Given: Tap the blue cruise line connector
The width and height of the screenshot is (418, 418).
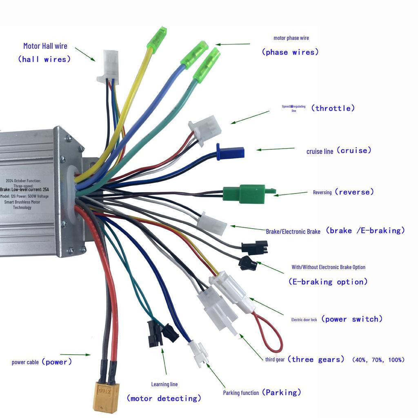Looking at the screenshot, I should click(x=231, y=152).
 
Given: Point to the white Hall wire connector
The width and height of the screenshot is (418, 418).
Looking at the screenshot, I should click(x=110, y=65).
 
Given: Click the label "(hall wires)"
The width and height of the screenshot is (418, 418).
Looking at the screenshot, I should click(x=44, y=60).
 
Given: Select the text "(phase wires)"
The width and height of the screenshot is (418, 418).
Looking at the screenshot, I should click(x=290, y=52).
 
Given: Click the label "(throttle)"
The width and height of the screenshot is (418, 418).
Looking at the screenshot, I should click(x=333, y=108).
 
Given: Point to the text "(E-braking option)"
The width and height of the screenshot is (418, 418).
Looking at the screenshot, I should click(x=328, y=282).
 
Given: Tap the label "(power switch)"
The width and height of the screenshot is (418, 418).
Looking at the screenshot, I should click(x=352, y=319).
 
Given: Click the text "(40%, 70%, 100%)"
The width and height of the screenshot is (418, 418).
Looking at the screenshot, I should click(x=378, y=360).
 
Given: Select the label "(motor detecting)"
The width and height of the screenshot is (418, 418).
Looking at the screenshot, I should click(x=164, y=398).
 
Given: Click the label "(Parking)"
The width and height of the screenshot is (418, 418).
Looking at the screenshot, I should click(x=281, y=393).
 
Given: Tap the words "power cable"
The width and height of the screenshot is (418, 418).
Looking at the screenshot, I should click(x=25, y=362).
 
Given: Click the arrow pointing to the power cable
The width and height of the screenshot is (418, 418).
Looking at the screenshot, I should click(x=75, y=355).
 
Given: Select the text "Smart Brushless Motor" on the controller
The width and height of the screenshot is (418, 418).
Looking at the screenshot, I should click(x=22, y=202).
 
